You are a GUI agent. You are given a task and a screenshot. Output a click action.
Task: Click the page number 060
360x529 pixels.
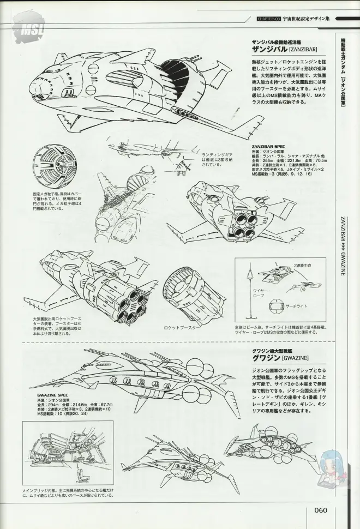click(321, 510)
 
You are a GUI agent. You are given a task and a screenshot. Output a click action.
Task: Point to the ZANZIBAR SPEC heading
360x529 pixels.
click(268, 147)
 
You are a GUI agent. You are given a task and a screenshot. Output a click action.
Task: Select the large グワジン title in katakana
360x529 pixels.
click(266, 358)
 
